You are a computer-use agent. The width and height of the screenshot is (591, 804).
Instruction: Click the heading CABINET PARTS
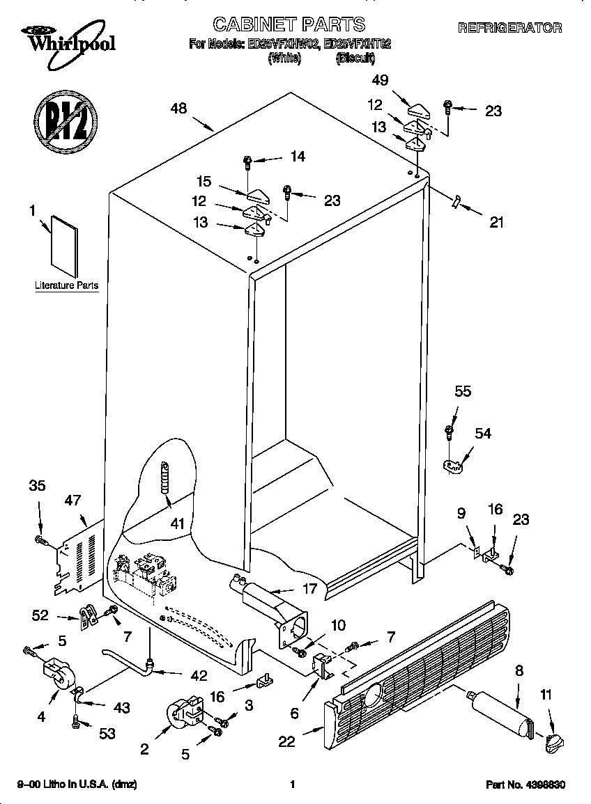pos(289,25)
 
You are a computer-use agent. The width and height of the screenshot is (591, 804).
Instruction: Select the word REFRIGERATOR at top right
pos(509,29)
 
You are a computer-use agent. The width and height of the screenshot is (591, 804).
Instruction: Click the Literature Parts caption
pos(66,285)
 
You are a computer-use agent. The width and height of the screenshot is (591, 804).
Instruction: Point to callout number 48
pos(180,108)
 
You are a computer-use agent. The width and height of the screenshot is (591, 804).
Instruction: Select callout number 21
pos(496,223)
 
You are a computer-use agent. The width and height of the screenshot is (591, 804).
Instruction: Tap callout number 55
pos(462,391)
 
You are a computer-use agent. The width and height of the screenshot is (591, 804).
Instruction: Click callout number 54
pos(483,433)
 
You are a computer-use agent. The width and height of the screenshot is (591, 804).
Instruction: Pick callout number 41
pos(178,523)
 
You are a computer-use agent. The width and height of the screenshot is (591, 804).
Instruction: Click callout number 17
pos(309,590)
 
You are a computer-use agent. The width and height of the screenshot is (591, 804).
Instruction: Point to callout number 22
pos(287,742)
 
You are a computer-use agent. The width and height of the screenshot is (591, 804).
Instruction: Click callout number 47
pos(72,500)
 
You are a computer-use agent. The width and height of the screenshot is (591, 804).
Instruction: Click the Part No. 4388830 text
pos(525,785)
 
